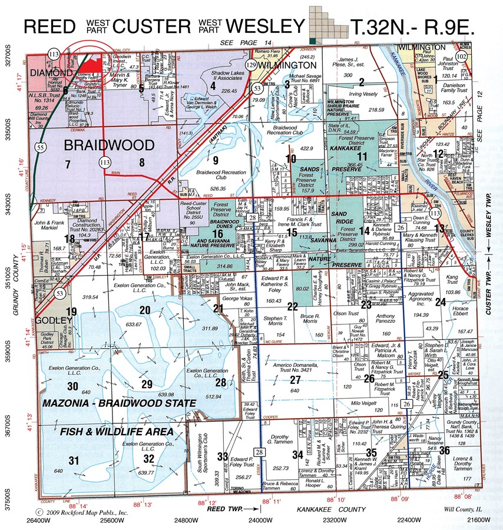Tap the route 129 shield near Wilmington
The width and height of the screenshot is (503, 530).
point(251,64)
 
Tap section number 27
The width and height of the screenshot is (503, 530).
point(294,380)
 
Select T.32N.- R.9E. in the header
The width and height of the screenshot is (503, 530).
point(412,26)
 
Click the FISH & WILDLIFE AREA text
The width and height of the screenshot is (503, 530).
point(117,432)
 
